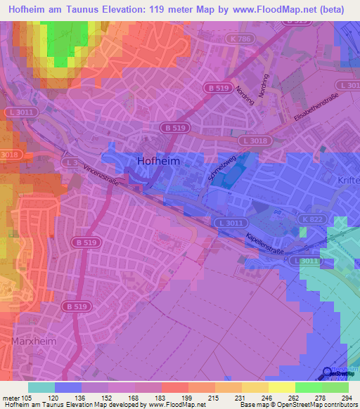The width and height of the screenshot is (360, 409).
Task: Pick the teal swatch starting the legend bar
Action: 41,387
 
